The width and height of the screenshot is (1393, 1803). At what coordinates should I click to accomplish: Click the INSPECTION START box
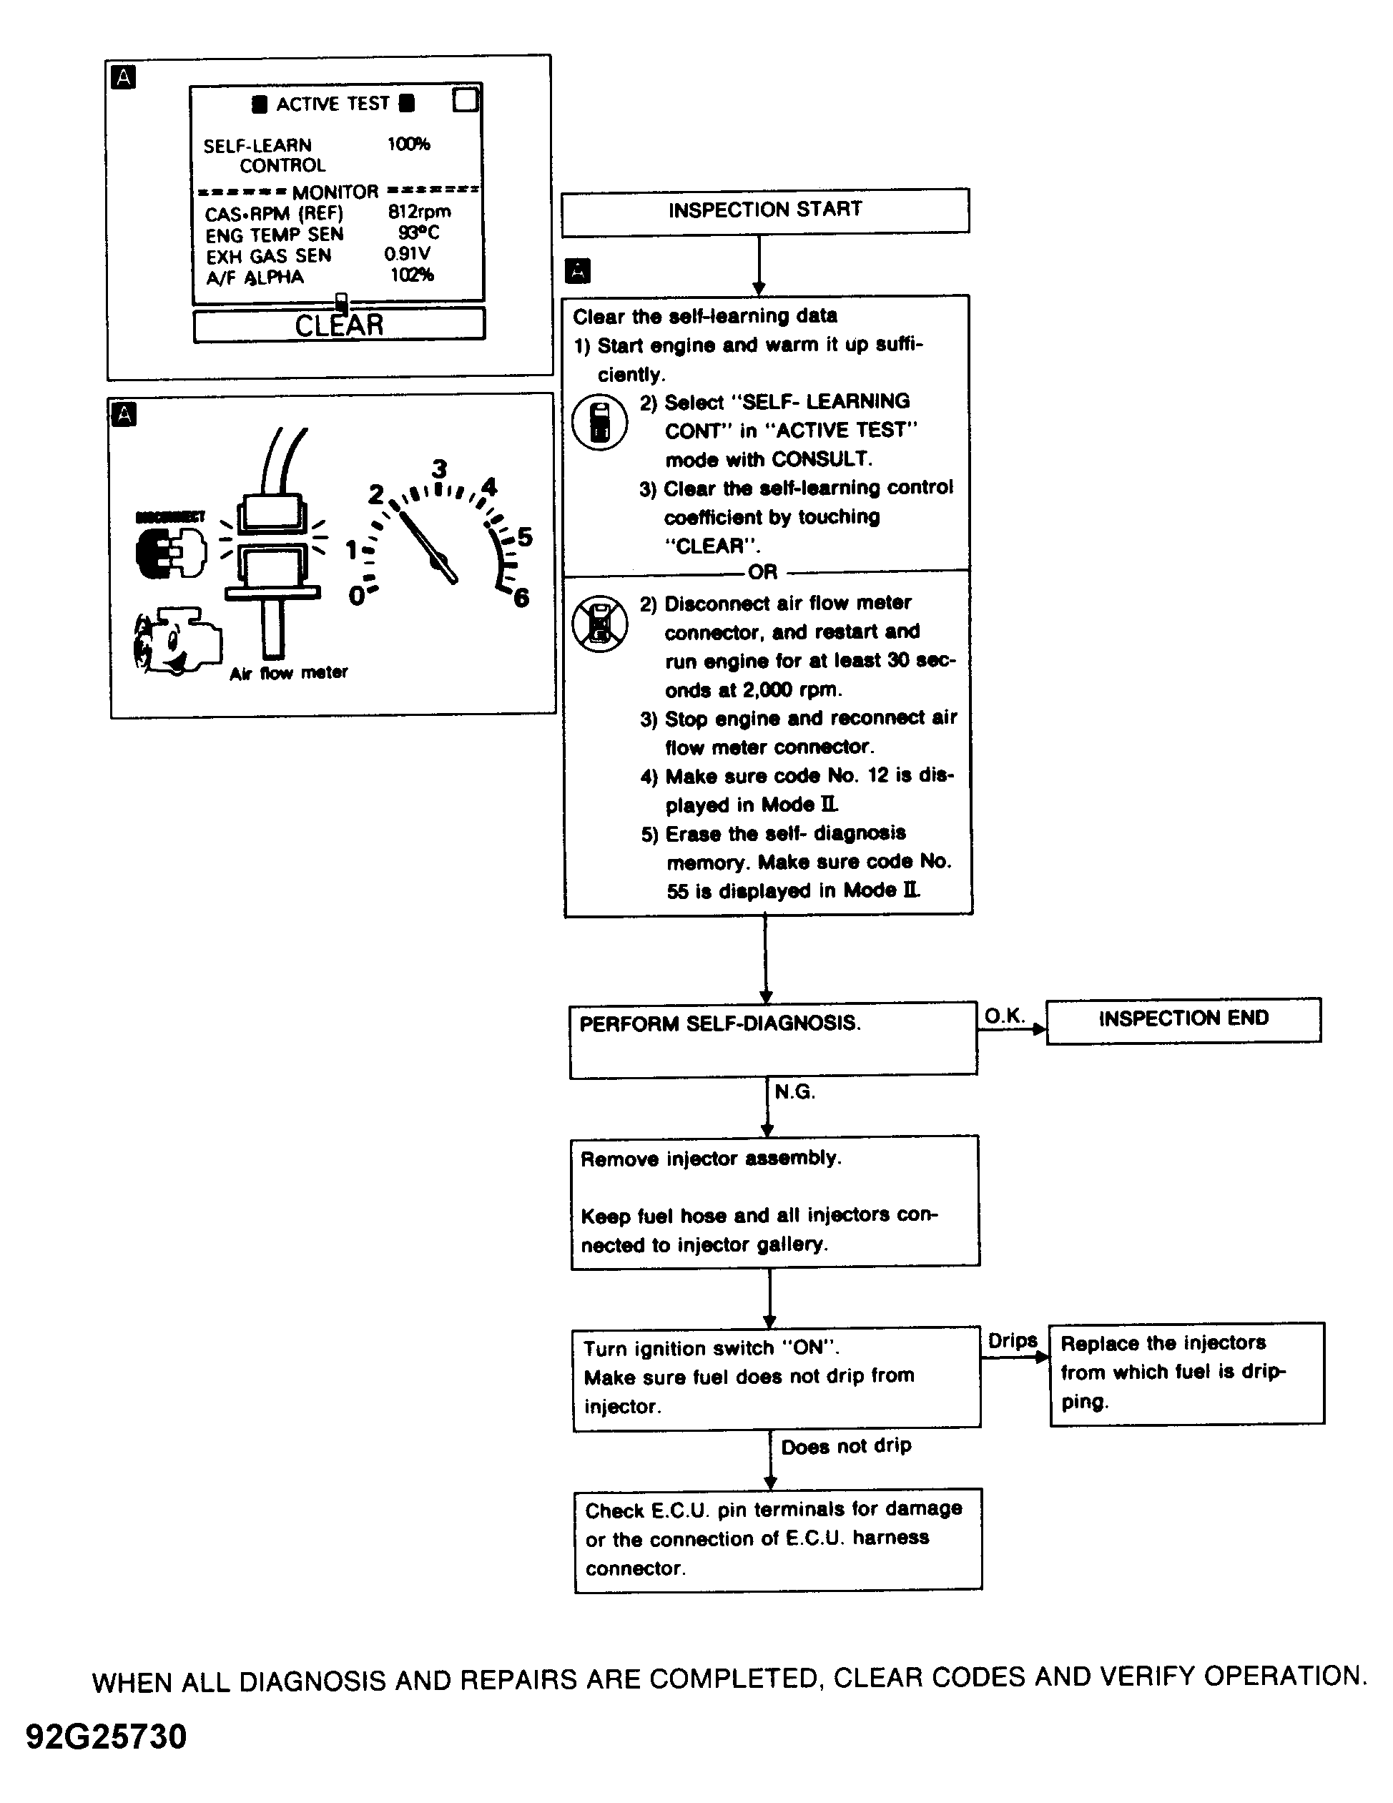[x=765, y=210]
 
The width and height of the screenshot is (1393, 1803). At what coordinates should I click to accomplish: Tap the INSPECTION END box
[x=1183, y=1020]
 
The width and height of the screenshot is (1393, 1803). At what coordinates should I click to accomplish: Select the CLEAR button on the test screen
[x=339, y=325]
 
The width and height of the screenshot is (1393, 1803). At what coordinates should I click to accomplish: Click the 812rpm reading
[x=419, y=212]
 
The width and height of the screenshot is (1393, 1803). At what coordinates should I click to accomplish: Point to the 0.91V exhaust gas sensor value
[x=407, y=255]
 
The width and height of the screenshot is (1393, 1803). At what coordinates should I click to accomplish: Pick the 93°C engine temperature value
[x=418, y=233]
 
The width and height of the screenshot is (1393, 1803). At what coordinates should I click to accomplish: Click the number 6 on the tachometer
[x=521, y=598]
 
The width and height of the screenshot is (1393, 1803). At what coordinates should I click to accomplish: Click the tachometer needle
[x=428, y=547]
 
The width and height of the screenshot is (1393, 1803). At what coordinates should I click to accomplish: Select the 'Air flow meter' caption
[x=288, y=673]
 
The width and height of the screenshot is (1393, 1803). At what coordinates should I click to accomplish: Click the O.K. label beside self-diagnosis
[x=1003, y=1016]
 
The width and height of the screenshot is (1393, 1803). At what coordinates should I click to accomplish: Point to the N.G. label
[x=794, y=1092]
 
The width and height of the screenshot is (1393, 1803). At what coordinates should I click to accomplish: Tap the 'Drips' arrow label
[x=1013, y=1341]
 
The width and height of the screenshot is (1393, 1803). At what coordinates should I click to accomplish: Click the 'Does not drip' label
[x=846, y=1446]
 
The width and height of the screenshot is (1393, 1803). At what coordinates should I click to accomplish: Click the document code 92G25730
[x=107, y=1736]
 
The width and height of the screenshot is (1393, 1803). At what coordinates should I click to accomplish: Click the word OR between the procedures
[x=762, y=572]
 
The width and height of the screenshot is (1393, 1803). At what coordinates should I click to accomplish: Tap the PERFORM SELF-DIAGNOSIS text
[x=719, y=1024]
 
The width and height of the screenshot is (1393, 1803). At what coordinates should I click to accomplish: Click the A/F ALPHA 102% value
[x=412, y=275]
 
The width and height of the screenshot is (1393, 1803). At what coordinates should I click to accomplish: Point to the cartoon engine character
[x=176, y=642]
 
